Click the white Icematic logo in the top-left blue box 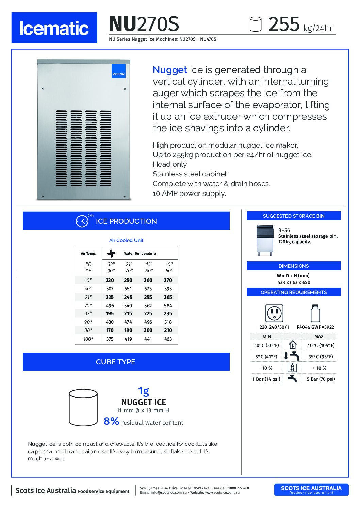54,28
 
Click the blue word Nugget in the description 170,70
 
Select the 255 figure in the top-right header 284,24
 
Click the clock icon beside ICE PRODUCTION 82,221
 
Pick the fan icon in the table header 111,253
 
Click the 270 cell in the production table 168,280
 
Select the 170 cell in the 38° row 110,330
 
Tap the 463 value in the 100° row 168,339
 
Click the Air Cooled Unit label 126,240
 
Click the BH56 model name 284,230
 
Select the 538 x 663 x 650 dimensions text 294,282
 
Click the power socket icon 274,313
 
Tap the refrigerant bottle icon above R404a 315,313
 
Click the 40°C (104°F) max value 321,345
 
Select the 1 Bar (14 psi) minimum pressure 266,379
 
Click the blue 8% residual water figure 112,421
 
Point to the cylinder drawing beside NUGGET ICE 83,407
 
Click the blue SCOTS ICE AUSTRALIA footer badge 311,490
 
